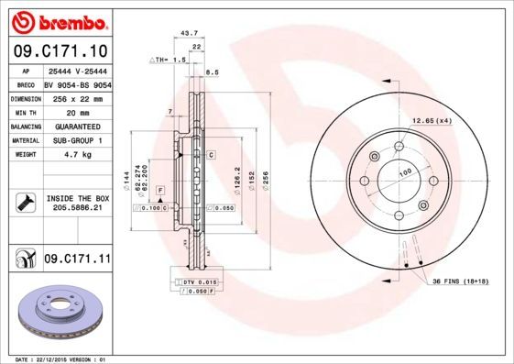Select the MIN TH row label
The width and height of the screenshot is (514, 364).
click(x=27, y=111)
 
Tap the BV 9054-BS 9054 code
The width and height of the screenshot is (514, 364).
click(x=76, y=83)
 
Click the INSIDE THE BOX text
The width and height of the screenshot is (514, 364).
click(x=77, y=198)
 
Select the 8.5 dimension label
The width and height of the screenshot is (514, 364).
click(x=213, y=72)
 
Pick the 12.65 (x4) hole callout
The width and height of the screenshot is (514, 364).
click(x=432, y=121)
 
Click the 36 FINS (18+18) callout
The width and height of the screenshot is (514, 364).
click(x=465, y=281)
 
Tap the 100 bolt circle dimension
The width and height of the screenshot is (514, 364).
click(x=403, y=172)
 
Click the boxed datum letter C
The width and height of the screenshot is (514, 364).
click(x=211, y=155)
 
